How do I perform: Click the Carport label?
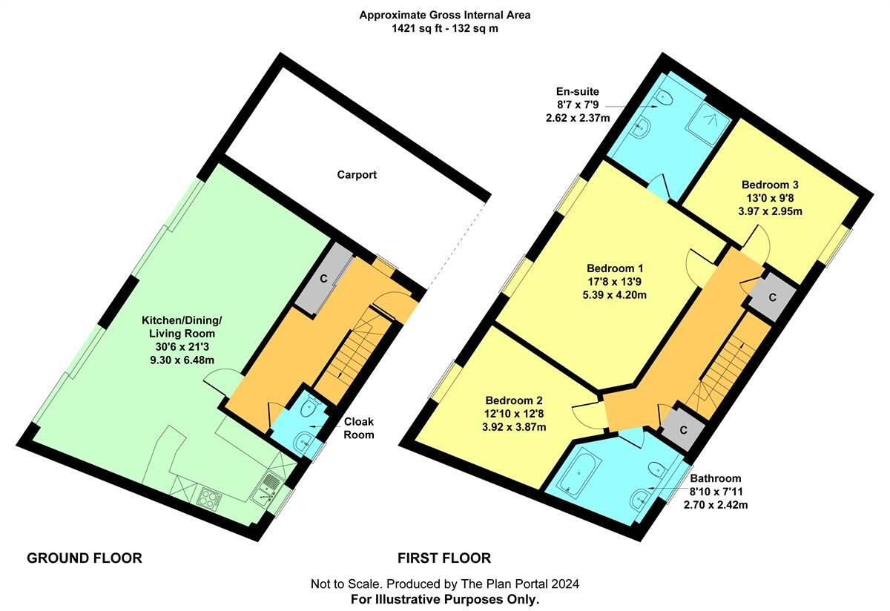pyautogui.click(x=357, y=175)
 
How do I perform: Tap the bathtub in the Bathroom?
pyautogui.click(x=576, y=474)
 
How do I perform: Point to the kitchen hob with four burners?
pyautogui.click(x=209, y=498)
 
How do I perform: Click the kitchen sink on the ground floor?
pyautogui.click(x=265, y=490)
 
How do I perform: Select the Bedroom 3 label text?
pyautogui.click(x=770, y=185)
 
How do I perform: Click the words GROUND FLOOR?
pyautogui.click(x=84, y=558)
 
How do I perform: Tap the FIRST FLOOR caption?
pyautogui.click(x=444, y=558)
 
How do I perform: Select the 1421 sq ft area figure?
pyautogui.click(x=416, y=29)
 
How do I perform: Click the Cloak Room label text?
pyautogui.click(x=358, y=428)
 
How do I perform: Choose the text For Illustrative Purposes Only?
pyautogui.click(x=445, y=598)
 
